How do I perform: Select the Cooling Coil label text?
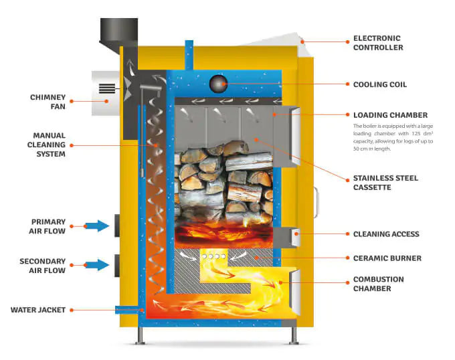pos(380,85)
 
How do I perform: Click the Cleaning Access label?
pos(386,234)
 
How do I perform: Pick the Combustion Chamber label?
pos(379,284)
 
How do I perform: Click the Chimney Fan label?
pos(48,102)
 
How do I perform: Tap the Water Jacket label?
pos(37,310)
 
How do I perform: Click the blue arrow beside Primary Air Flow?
pos(98,226)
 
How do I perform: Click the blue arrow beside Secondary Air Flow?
pos(98,265)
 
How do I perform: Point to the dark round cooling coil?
pos(219,84)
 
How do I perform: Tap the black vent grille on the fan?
pos(107,88)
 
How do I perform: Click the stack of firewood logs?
pos(224,181)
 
